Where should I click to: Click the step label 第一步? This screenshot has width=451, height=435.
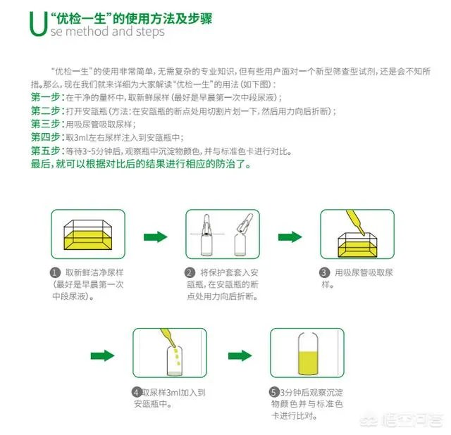tap(46, 96)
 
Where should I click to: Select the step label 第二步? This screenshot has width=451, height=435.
tap(46, 111)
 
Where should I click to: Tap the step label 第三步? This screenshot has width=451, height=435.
tap(46, 124)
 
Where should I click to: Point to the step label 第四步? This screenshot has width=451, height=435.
tap(46, 137)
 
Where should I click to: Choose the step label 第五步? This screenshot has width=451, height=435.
tap(46, 151)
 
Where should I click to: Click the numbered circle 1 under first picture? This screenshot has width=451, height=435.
tap(54, 272)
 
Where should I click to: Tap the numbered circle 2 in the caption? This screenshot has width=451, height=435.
tap(190, 272)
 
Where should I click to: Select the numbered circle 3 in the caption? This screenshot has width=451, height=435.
tap(324, 272)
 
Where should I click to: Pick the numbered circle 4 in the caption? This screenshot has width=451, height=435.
tap(136, 392)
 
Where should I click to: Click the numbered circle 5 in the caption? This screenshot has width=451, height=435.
tap(273, 392)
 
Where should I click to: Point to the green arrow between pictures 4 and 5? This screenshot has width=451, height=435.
tap(239, 355)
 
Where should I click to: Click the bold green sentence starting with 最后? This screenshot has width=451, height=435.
tap(140, 165)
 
